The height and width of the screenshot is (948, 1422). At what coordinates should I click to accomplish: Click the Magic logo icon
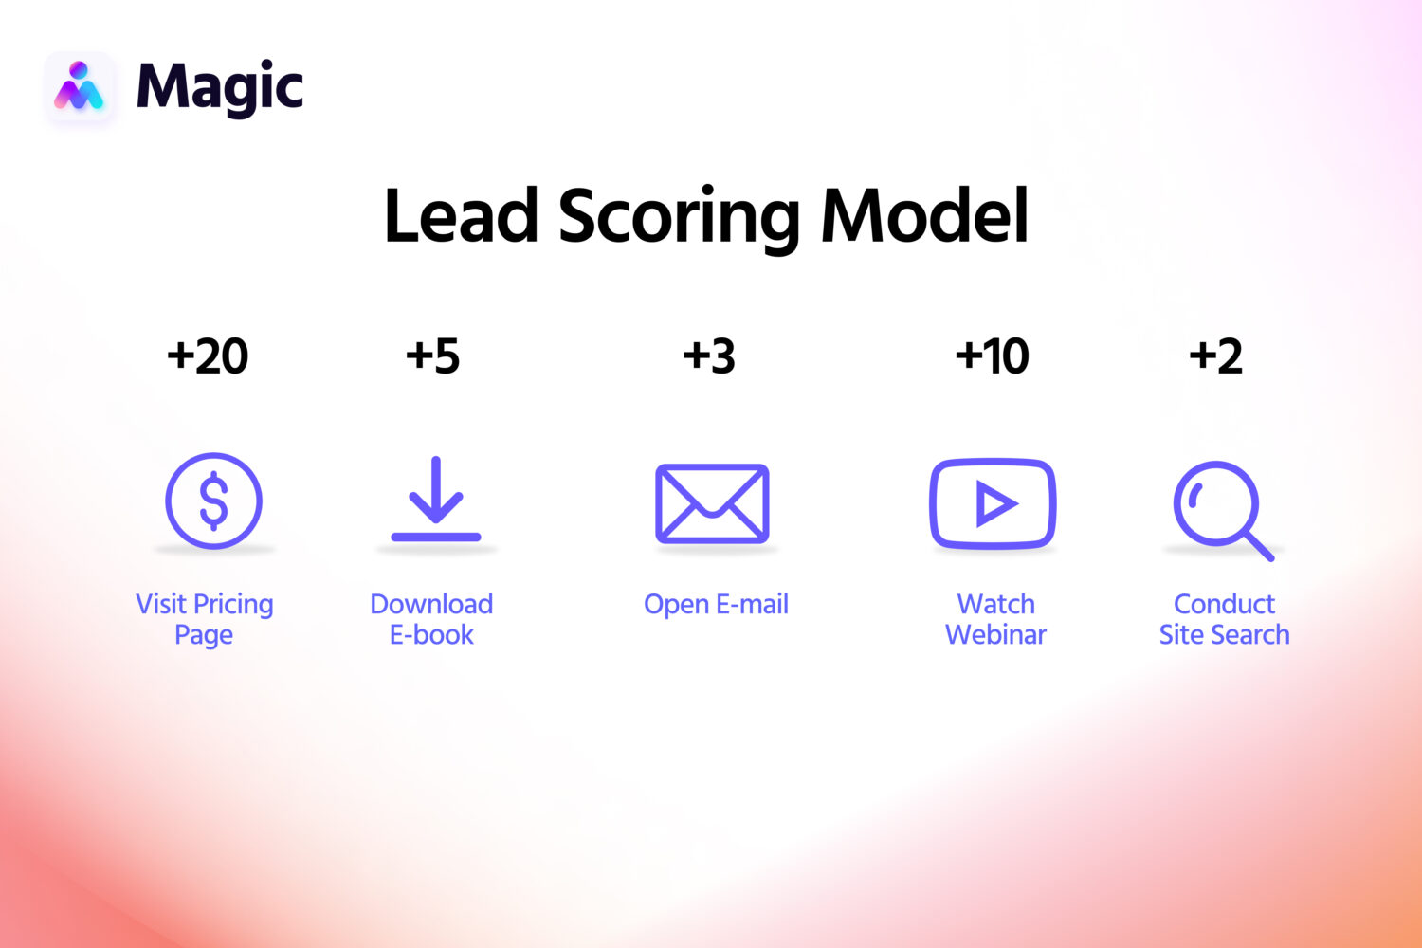pos(80,87)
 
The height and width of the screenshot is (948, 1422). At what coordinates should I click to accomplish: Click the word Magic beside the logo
pos(220,88)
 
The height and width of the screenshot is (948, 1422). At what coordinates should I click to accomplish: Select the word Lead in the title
pos(461,216)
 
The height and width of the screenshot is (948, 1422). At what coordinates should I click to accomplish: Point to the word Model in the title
pos(924,216)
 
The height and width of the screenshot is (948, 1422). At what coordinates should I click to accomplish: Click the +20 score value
pos(208,356)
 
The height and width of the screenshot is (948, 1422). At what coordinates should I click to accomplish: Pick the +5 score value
pos(432,356)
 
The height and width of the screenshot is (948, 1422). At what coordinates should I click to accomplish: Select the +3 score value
pos(709,356)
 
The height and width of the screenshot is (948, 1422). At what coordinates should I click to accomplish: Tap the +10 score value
pos(992,356)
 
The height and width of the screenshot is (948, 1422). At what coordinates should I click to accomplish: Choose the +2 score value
pos(1215,356)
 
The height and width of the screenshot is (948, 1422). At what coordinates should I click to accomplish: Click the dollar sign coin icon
pos(213,501)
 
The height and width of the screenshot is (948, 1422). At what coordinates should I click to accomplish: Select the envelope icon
pos(712,503)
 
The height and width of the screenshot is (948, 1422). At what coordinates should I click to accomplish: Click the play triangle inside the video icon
pos(995,504)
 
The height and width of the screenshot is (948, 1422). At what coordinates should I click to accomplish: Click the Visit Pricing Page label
pos(205,619)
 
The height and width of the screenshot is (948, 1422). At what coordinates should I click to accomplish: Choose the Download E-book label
pos(431,619)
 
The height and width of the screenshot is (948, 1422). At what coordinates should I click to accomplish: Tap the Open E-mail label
pos(716,605)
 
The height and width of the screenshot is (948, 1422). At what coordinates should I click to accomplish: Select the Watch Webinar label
pos(995,619)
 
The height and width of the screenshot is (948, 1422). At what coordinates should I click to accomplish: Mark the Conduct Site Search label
pos(1224,619)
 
